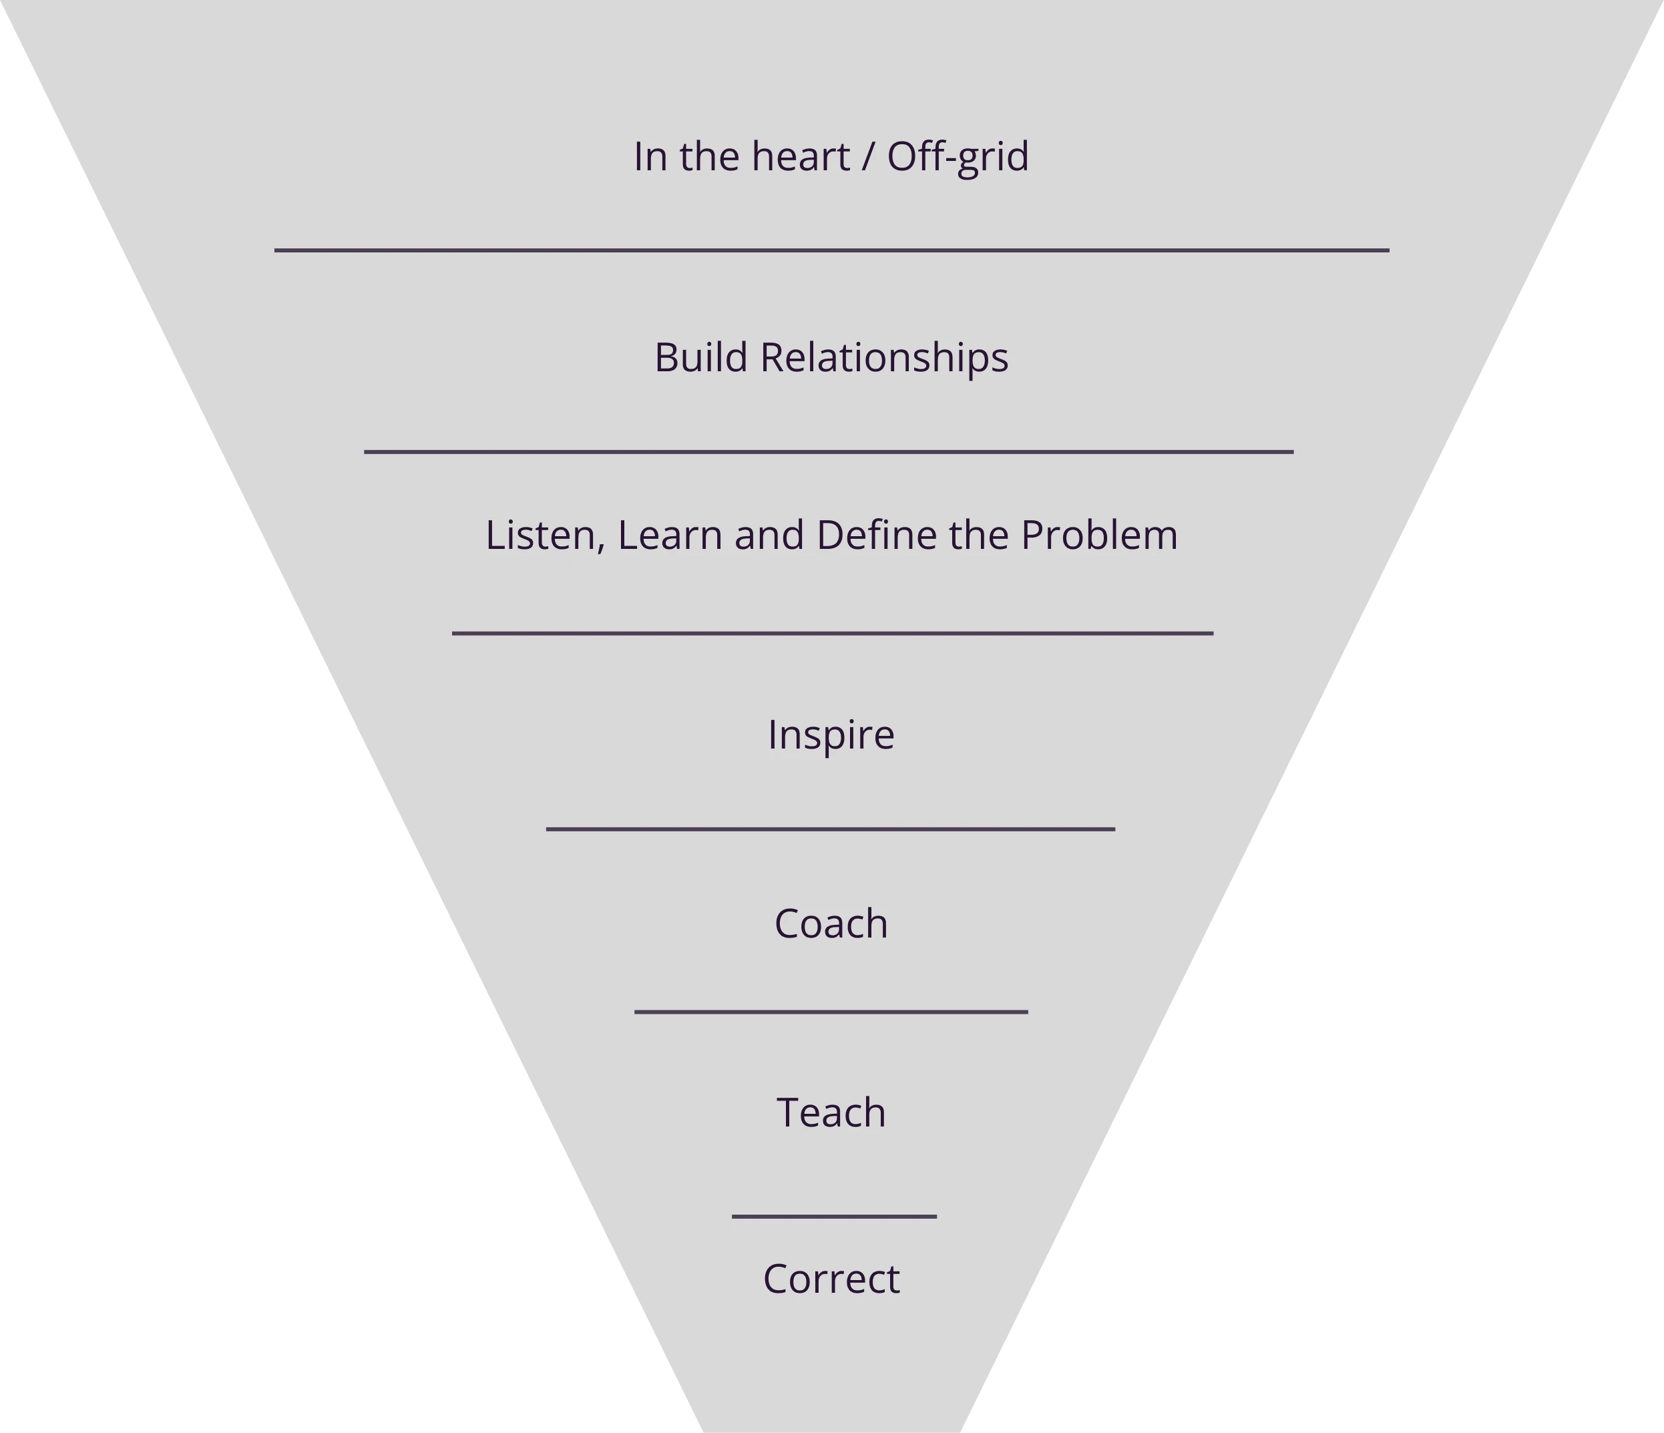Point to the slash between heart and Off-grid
[867, 157]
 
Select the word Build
[700, 357]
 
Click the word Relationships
[884, 358]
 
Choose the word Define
[876, 536]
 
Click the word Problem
[1098, 536]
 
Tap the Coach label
[831, 924]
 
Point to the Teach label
[831, 1113]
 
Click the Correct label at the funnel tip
[831, 1279]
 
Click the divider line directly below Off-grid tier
[831, 250]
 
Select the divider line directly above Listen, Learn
[829, 452]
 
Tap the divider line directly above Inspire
[832, 634]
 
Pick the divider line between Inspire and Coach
[831, 829]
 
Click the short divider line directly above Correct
[833, 1217]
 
